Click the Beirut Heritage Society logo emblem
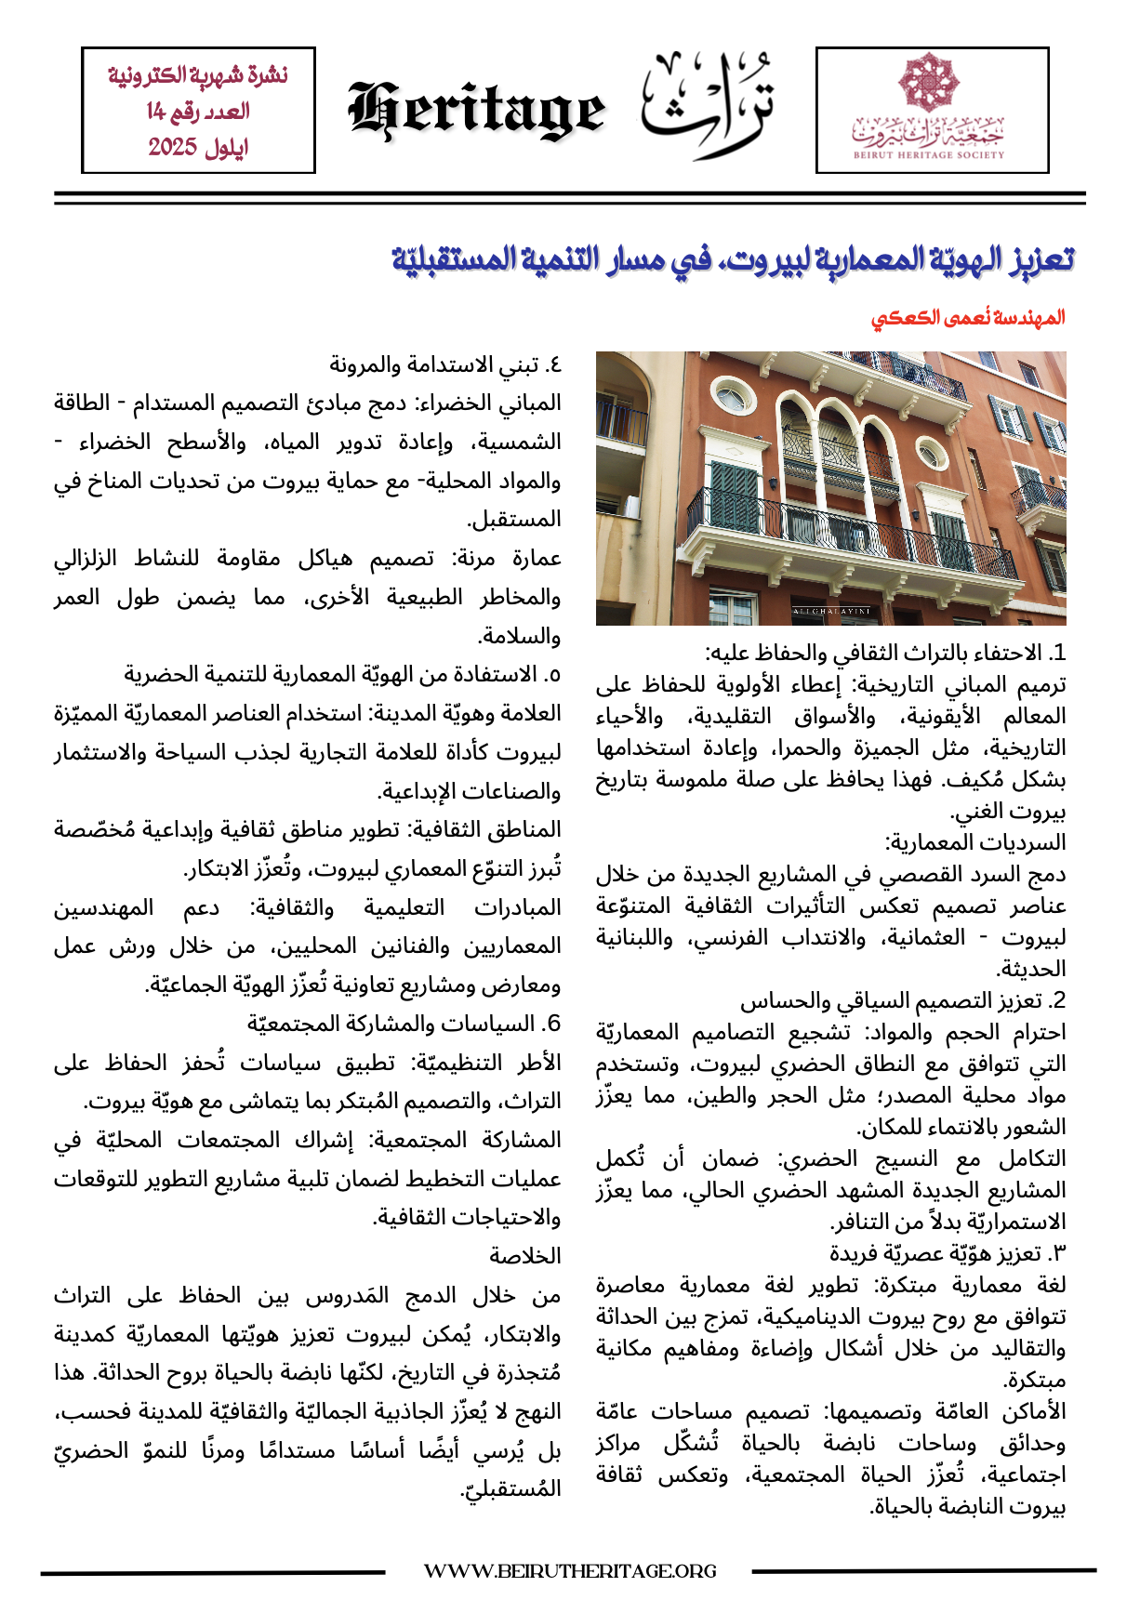[927, 84]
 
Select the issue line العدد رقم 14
[198, 112]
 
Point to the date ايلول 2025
[198, 147]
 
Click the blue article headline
[732, 259]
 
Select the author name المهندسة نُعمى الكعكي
[967, 318]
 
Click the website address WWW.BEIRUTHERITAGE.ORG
[570, 1571]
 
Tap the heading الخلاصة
[525, 1256]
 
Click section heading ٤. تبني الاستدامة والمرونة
[445, 364]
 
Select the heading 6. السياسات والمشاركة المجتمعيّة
[404, 1024]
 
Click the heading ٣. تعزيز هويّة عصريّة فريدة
[948, 1253]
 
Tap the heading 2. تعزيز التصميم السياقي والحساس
[903, 1000]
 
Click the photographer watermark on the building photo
[830, 611]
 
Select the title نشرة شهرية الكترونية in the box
[198, 75]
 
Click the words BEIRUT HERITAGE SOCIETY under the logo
[929, 155]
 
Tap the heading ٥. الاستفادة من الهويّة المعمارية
[343, 674]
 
